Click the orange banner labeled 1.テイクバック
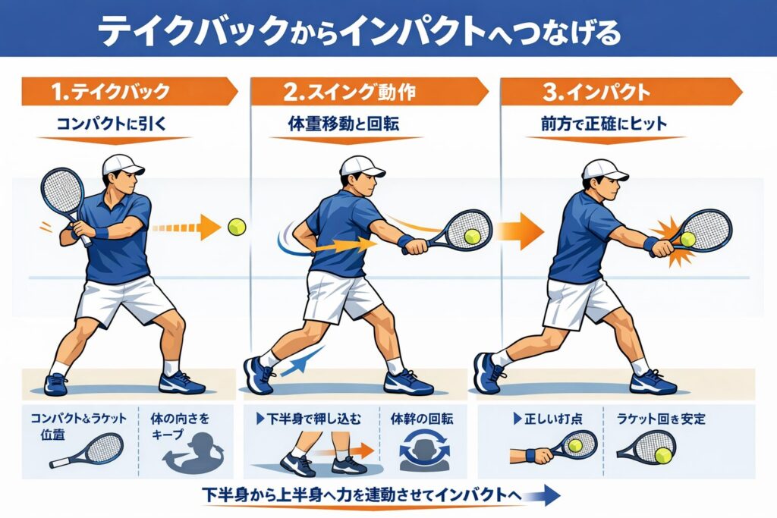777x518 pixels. pyautogui.click(x=129, y=92)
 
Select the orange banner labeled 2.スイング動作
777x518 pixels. pyautogui.click(x=370, y=92)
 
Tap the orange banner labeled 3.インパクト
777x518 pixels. pyautogui.click(x=621, y=92)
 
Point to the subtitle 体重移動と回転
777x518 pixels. pyautogui.click(x=344, y=124)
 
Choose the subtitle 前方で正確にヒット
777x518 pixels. pyautogui.click(x=604, y=124)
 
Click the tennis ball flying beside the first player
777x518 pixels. pyautogui.click(x=237, y=228)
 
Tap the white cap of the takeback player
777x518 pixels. pyautogui.click(x=122, y=165)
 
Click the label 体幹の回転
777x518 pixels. pyautogui.click(x=422, y=419)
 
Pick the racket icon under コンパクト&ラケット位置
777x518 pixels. pyautogui.click(x=87, y=451)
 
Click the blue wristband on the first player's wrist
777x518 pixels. pyautogui.click(x=102, y=232)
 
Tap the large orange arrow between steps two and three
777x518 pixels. pyautogui.click(x=521, y=231)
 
